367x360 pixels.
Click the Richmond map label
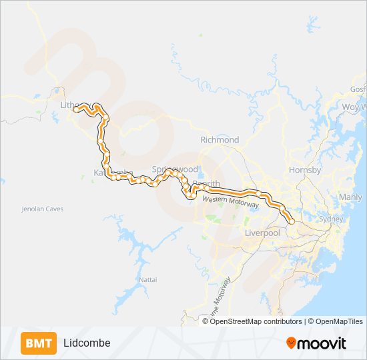(x=220, y=140)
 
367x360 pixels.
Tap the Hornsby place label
(x=305, y=170)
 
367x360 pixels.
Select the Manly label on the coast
(x=350, y=197)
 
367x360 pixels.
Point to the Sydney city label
(x=331, y=219)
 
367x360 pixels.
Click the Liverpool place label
(x=262, y=233)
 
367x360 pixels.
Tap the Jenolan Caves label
(x=42, y=209)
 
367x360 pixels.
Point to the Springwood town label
(x=175, y=170)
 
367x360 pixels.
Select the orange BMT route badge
(x=39, y=343)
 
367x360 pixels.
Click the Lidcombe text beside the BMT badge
(x=87, y=343)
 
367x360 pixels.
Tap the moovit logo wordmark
(x=322, y=343)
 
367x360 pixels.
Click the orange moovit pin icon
(x=291, y=343)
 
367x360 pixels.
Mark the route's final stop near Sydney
(x=292, y=221)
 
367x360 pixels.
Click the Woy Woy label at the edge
(x=354, y=107)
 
